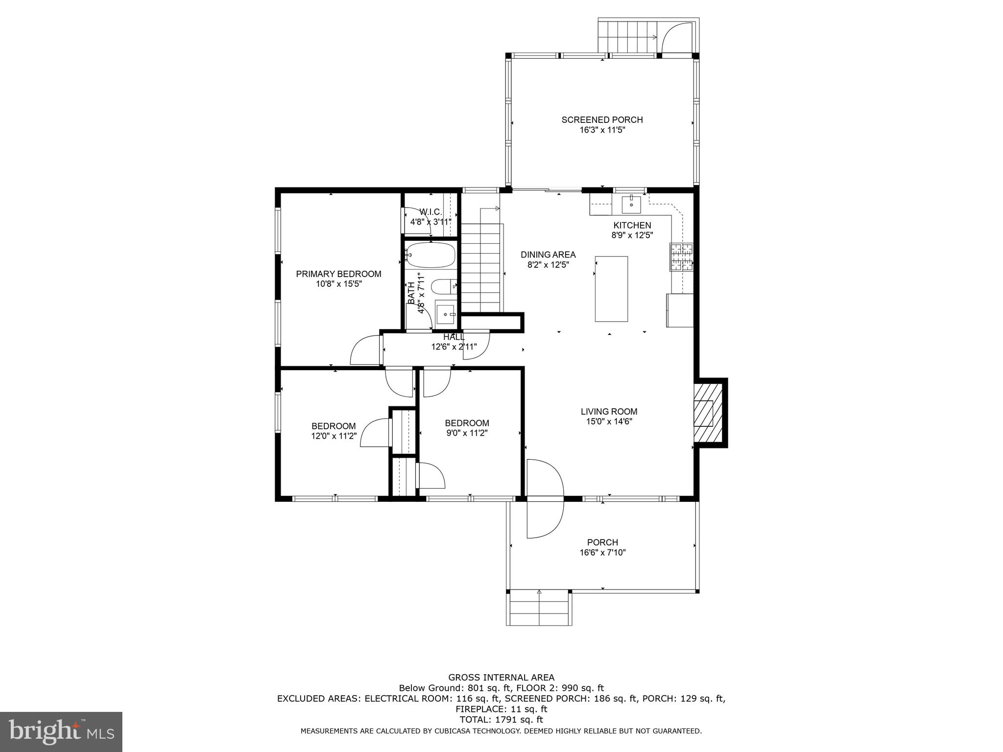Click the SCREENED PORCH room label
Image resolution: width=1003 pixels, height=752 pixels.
pyautogui.click(x=602, y=119)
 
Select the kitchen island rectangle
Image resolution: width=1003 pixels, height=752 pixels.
pyautogui.click(x=611, y=289)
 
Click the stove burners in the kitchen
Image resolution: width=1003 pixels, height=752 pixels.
pyautogui.click(x=681, y=257)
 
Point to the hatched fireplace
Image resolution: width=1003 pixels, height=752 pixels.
pyautogui.click(x=708, y=413)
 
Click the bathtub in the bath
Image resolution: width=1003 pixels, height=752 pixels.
pyautogui.click(x=430, y=255)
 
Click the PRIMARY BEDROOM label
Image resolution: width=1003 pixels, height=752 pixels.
pyautogui.click(x=338, y=274)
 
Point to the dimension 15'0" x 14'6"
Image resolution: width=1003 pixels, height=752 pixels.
pyautogui.click(x=609, y=422)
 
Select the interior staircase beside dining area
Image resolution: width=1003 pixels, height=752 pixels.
pyautogui.click(x=482, y=267)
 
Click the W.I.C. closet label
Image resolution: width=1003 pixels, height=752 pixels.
pyautogui.click(x=430, y=211)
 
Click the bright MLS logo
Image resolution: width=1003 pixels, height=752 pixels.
pyautogui.click(x=61, y=731)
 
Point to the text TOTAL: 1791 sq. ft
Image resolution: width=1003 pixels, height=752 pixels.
pyautogui.click(x=501, y=720)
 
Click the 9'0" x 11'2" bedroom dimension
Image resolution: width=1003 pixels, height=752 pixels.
pyautogui.click(x=467, y=433)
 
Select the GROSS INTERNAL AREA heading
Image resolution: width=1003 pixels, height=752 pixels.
pyautogui.click(x=501, y=678)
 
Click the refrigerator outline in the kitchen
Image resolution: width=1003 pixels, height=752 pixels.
pyautogui.click(x=680, y=310)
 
